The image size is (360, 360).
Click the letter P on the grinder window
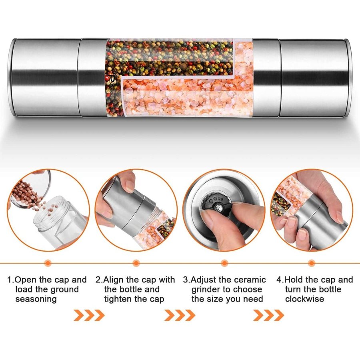pos(112,79)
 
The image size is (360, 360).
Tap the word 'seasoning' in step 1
pos(36,299)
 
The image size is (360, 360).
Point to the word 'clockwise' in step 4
pos(304,299)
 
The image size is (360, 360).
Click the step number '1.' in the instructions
pos(10,280)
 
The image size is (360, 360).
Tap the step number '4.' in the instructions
pos(280,280)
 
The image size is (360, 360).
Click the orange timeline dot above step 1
pos(48,263)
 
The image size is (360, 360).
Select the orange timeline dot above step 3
pos(224,263)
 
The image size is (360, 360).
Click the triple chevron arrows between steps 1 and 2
pos(89,315)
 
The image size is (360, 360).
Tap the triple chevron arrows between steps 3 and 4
pos(268,315)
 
